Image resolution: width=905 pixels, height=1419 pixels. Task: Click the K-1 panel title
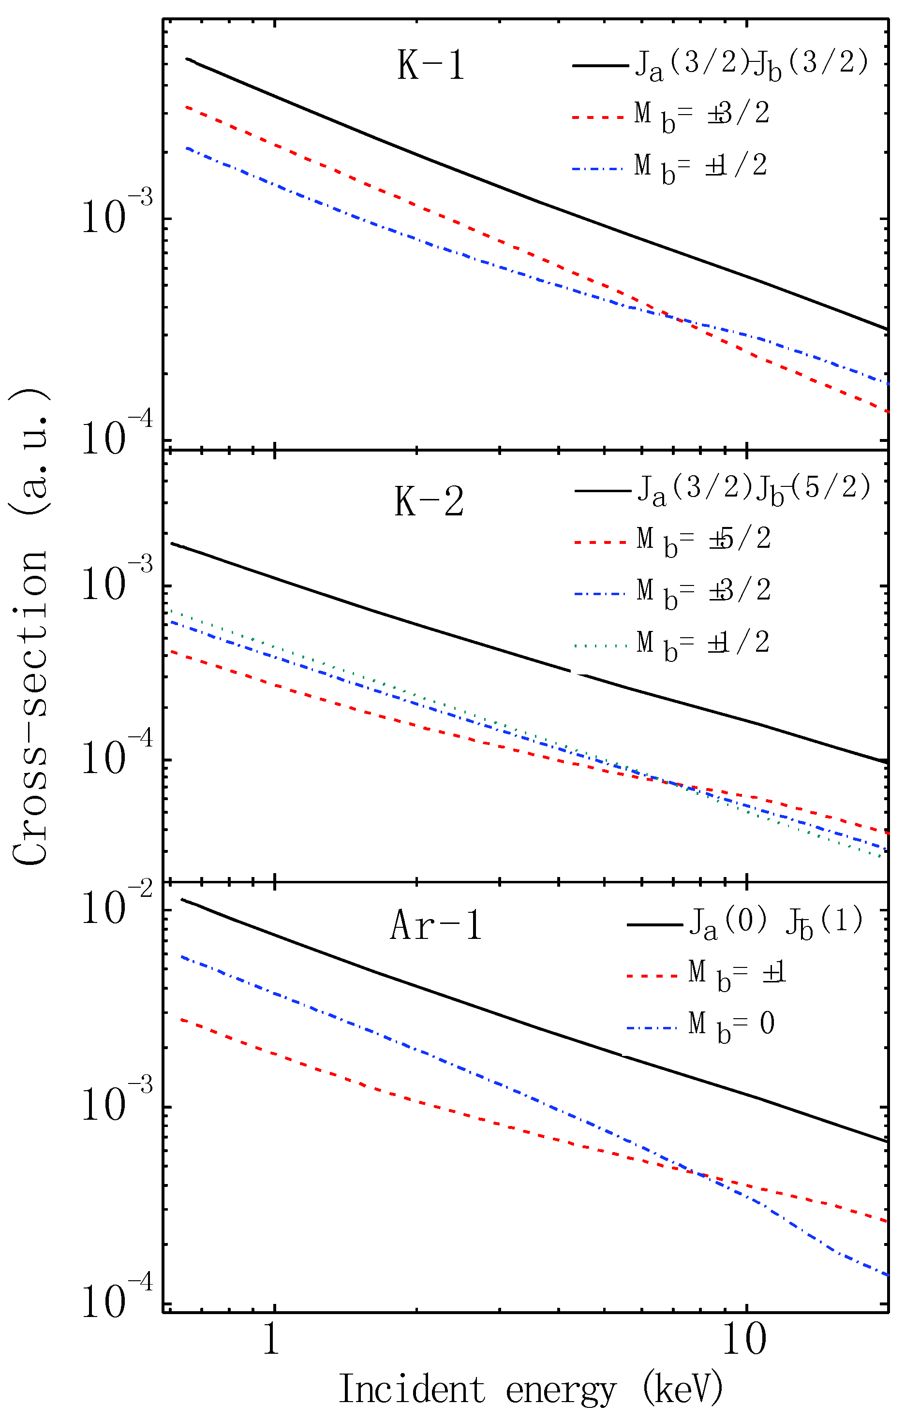pos(431,65)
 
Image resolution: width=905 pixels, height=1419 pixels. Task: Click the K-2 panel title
pos(429,503)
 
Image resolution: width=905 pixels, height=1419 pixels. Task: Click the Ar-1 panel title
pos(436,924)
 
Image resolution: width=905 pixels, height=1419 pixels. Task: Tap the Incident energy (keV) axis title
pos(530,1389)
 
